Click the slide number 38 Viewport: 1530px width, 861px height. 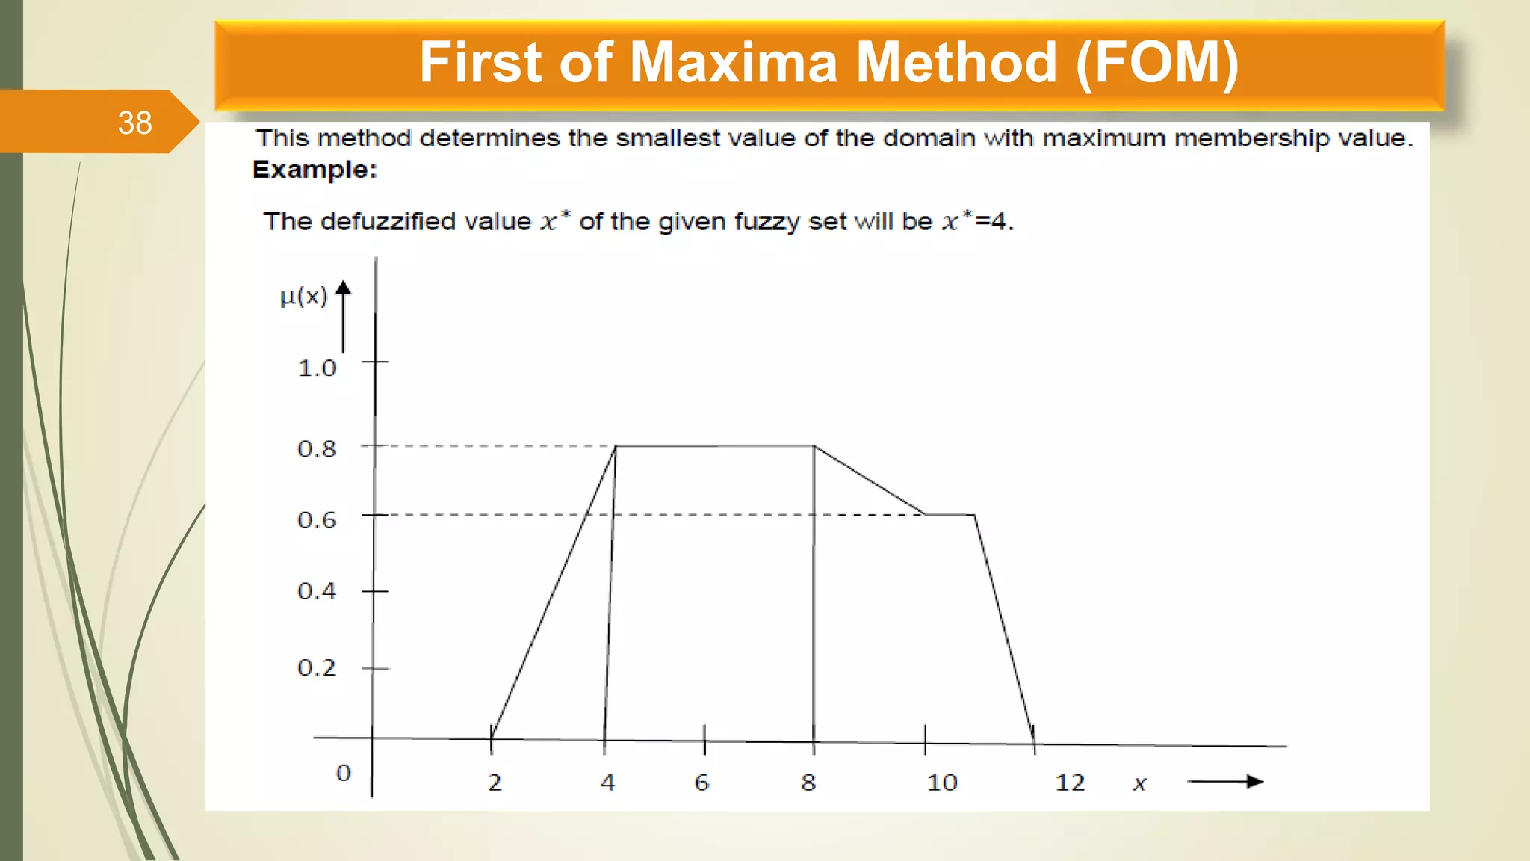click(x=134, y=123)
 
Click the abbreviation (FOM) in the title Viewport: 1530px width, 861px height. click(x=1157, y=63)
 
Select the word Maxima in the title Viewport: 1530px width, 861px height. click(x=734, y=63)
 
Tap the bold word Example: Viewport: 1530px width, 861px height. click(x=315, y=170)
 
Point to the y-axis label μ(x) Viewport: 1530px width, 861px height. click(x=303, y=297)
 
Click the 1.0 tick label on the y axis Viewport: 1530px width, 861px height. click(x=318, y=368)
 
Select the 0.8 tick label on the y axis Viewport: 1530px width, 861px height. click(x=318, y=449)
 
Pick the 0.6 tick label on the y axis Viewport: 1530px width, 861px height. click(x=318, y=520)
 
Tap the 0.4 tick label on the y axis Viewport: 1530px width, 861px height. click(x=318, y=591)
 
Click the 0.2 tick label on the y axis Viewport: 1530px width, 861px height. click(x=318, y=667)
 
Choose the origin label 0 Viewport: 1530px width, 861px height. click(x=344, y=773)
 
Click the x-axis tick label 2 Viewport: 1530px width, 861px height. click(x=495, y=783)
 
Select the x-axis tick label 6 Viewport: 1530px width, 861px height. click(x=701, y=783)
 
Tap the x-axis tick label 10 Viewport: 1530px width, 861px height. click(x=942, y=783)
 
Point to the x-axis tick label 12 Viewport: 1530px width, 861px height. click(x=1070, y=783)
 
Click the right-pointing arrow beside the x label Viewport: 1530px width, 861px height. click(x=1225, y=782)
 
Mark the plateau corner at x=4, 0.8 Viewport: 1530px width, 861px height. click(x=616, y=446)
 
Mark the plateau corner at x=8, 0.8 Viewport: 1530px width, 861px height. click(x=814, y=446)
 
